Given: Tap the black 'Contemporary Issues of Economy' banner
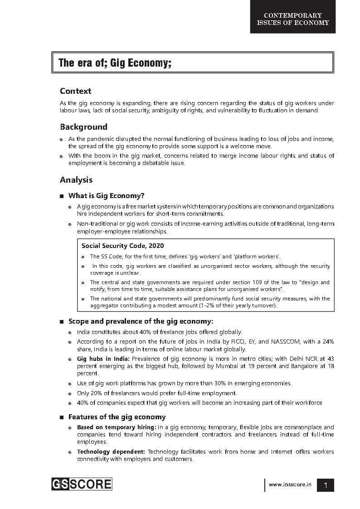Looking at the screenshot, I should click(x=293, y=19).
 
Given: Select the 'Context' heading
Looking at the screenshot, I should click(x=75, y=91).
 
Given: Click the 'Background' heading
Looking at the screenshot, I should click(x=83, y=127).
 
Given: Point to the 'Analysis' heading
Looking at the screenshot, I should click(x=76, y=180).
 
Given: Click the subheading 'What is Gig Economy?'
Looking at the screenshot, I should click(x=106, y=196).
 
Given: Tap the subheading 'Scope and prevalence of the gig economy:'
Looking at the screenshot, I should click(x=141, y=321).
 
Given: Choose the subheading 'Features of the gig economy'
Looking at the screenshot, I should click(x=117, y=417).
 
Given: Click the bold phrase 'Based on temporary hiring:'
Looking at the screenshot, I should click(x=117, y=427).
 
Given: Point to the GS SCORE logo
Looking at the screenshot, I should click(x=82, y=484).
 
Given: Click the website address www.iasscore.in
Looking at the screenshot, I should click(x=290, y=485).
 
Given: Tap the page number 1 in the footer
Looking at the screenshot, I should click(x=326, y=485).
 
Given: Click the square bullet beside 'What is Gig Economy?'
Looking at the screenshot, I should click(x=61, y=196).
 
